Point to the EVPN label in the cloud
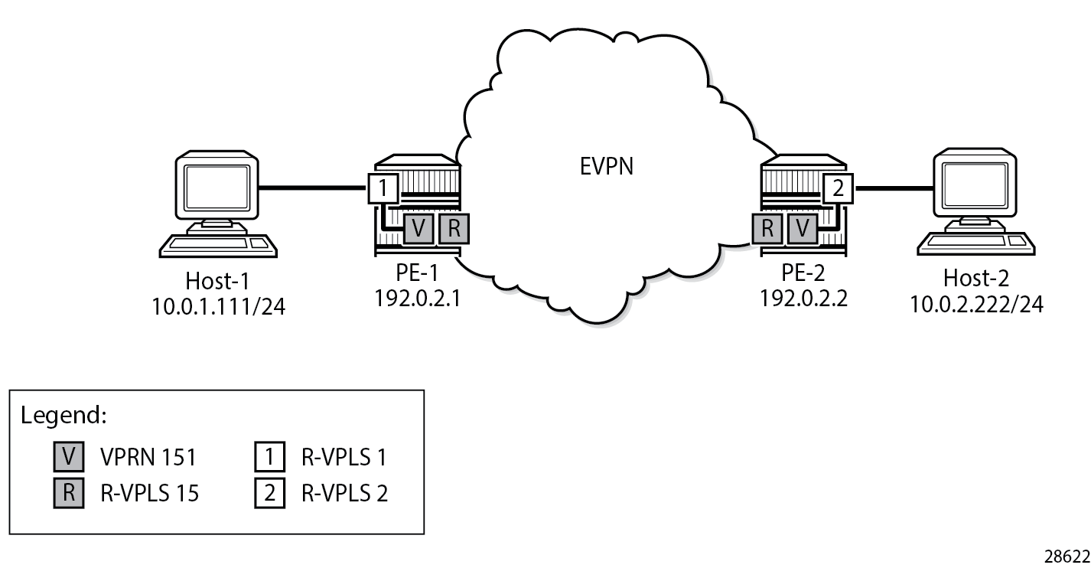(604, 165)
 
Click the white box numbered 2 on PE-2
(838, 188)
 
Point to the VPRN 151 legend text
(148, 457)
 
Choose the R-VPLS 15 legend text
(150, 493)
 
